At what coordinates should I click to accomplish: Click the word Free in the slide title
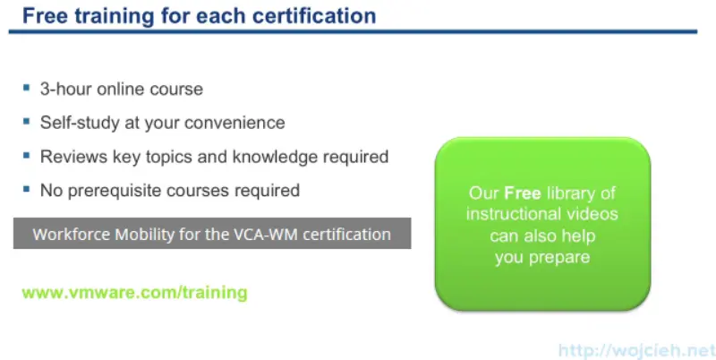(x=42, y=16)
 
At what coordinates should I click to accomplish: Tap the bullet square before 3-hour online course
(x=26, y=88)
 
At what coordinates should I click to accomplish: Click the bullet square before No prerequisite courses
(x=26, y=189)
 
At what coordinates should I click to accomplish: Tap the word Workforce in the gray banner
(x=69, y=235)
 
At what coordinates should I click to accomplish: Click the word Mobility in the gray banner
(x=141, y=235)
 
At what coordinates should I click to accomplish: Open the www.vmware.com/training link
(x=134, y=293)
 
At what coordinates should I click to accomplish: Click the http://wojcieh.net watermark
(x=636, y=350)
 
